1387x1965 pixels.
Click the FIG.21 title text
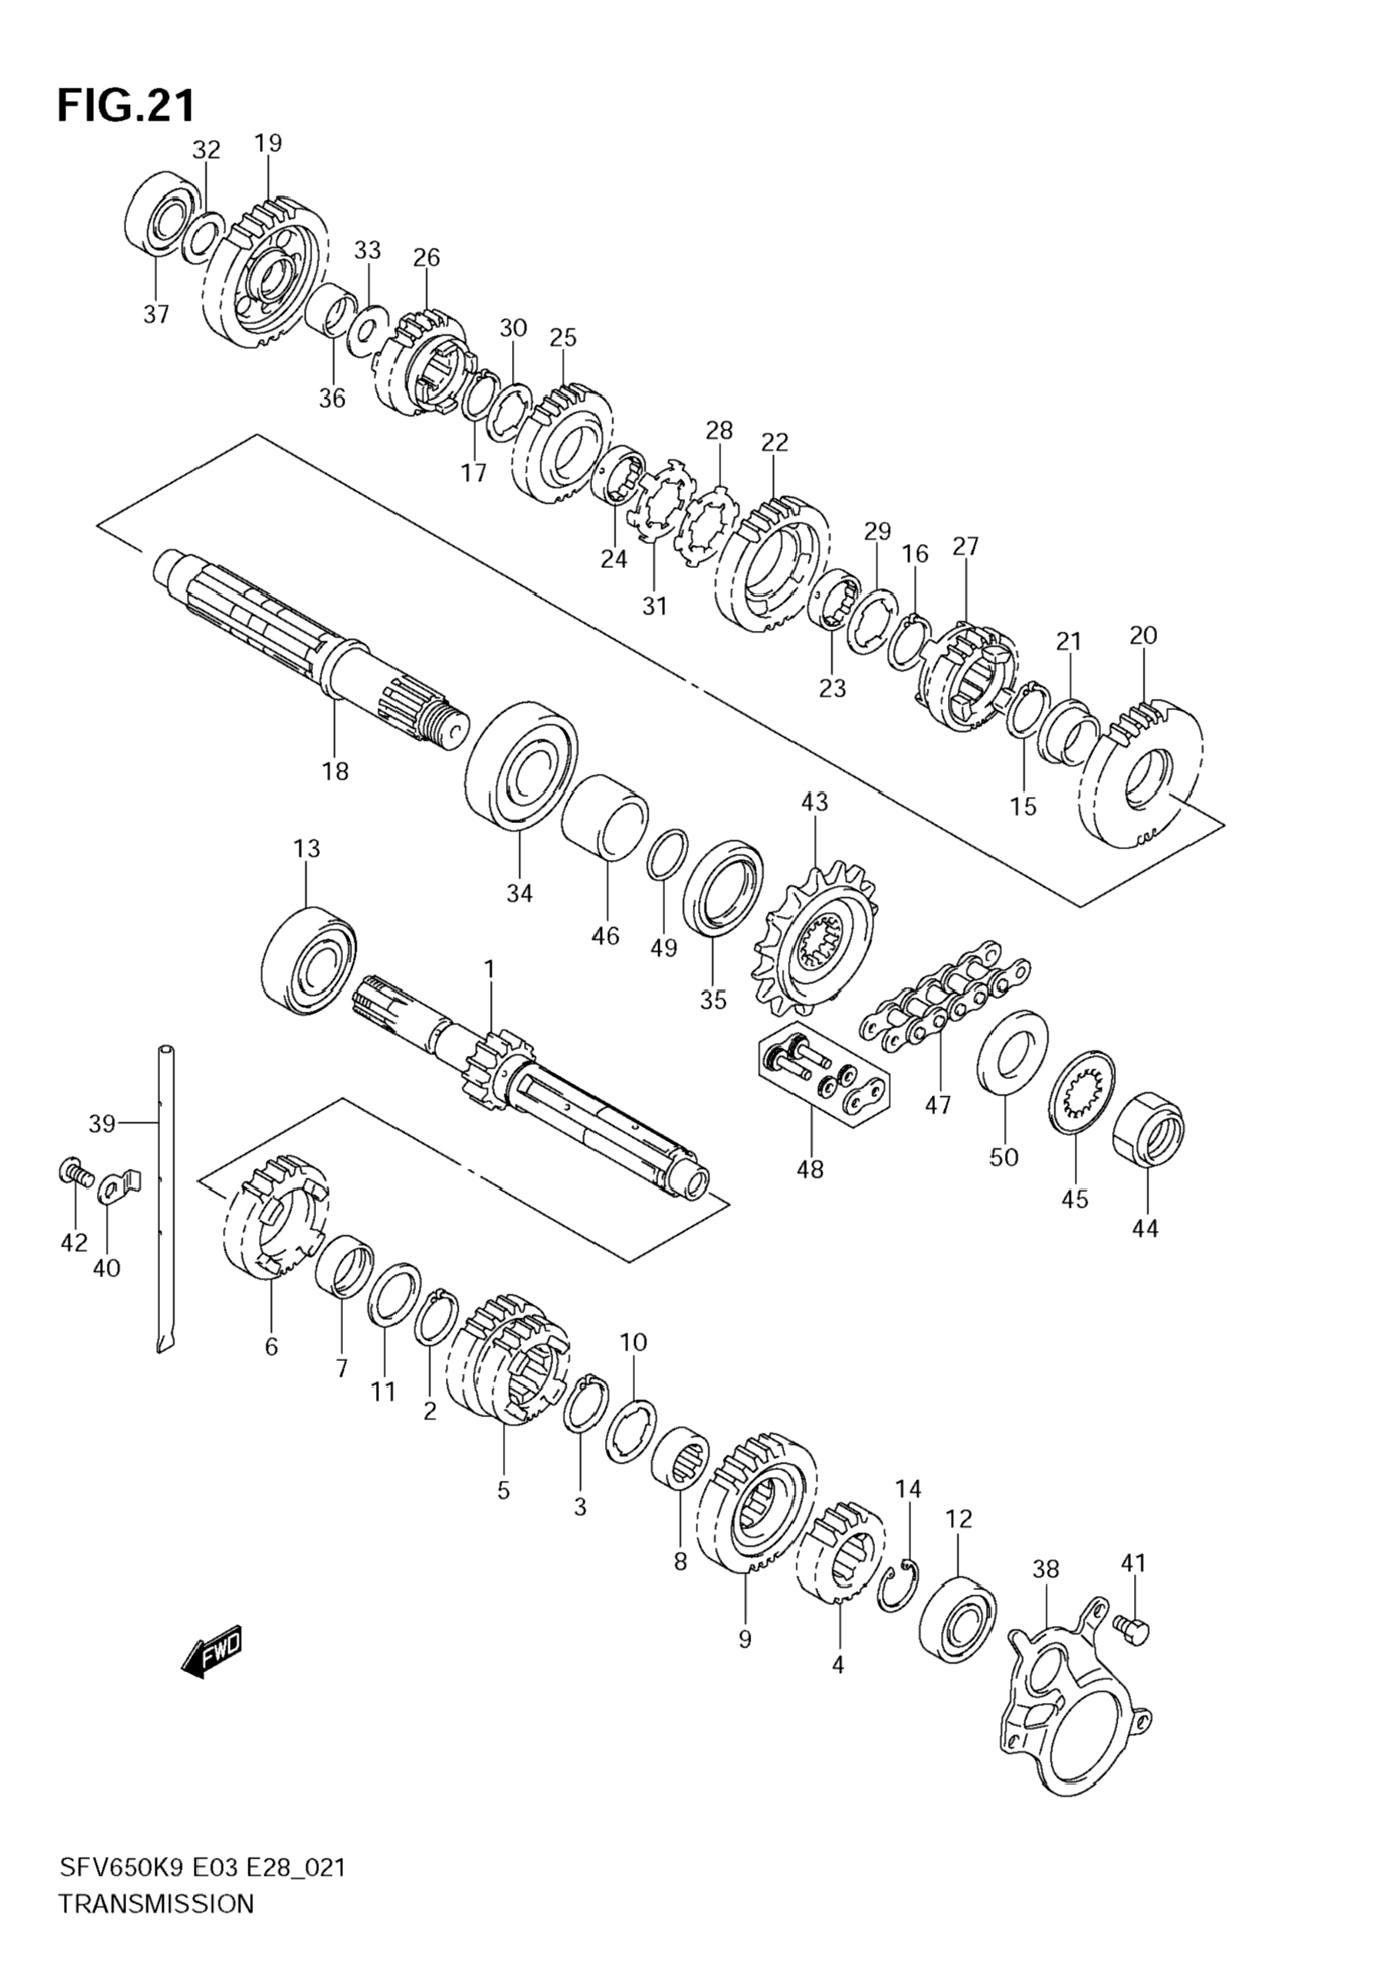click(126, 105)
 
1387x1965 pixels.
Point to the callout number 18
click(336, 771)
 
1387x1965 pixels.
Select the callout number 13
click(307, 848)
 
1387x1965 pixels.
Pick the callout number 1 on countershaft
click(490, 969)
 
